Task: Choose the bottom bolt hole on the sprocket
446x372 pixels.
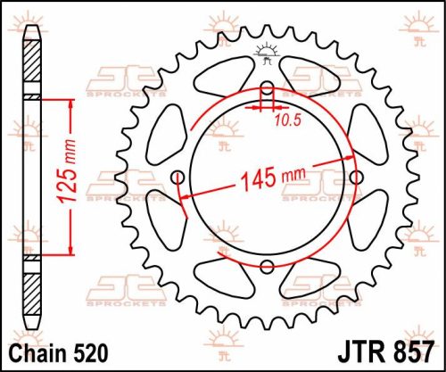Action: tap(267, 265)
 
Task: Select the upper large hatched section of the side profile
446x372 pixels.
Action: tap(32, 67)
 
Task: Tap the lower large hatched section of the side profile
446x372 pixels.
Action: tap(32, 290)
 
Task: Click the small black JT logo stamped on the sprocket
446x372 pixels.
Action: tap(265, 51)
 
